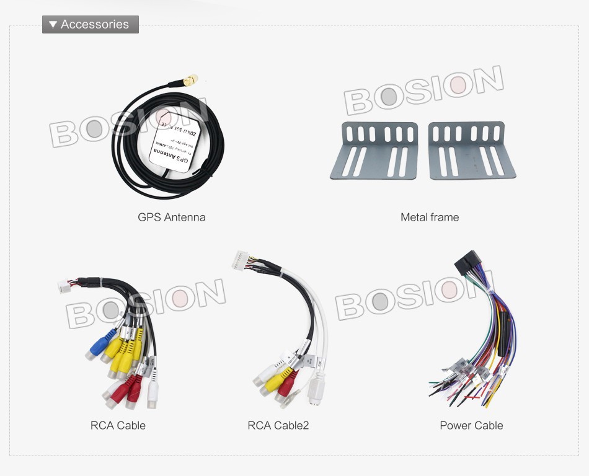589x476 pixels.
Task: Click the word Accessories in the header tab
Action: click(95, 25)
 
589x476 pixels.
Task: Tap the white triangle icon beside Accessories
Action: click(53, 25)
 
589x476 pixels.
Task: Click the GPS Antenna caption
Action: click(171, 218)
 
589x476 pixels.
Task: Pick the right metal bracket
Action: click(471, 150)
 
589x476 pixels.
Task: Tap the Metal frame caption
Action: click(430, 218)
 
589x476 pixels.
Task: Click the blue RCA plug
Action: click(100, 345)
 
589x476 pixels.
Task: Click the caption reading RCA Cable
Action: click(118, 426)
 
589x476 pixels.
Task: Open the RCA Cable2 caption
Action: click(278, 426)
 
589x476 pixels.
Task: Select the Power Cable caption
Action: click(471, 426)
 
